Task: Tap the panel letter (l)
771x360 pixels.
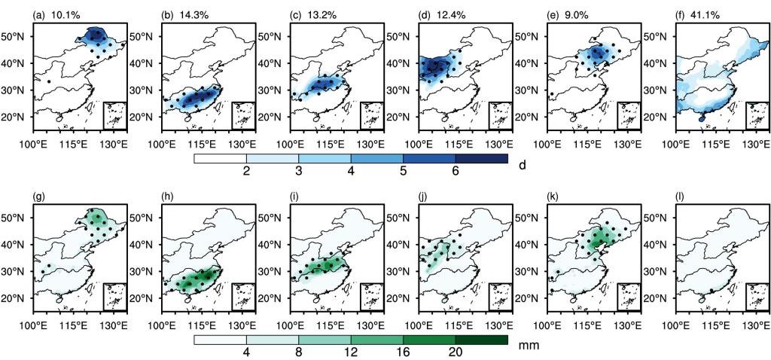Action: point(680,197)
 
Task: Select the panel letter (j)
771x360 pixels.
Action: point(423,197)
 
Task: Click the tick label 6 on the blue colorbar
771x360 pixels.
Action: point(456,172)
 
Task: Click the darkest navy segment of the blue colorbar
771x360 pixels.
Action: point(482,158)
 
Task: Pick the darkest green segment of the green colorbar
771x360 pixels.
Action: point(482,340)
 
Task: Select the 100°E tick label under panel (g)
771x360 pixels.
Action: point(38,326)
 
